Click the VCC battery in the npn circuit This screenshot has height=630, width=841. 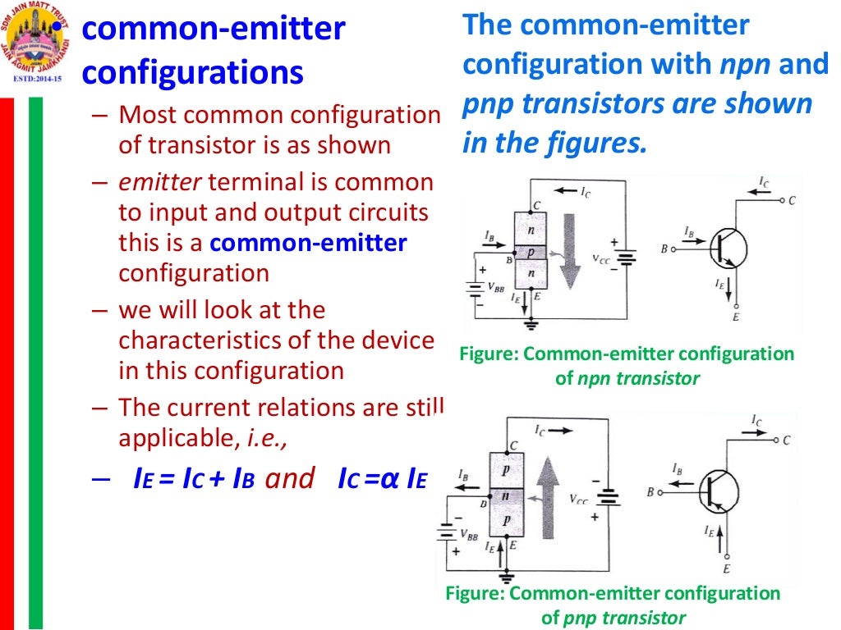click(x=627, y=254)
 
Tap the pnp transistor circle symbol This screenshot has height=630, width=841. click(x=720, y=493)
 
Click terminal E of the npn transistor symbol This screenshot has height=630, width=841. click(x=735, y=317)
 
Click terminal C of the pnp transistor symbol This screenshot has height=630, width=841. click(x=786, y=441)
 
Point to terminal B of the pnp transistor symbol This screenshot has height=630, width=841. click(x=650, y=492)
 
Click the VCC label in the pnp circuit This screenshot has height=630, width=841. click(x=577, y=499)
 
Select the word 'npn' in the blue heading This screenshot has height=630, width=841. click(x=742, y=65)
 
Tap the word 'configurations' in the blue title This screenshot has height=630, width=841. click(x=193, y=73)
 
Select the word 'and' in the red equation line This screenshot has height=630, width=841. click(x=289, y=479)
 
